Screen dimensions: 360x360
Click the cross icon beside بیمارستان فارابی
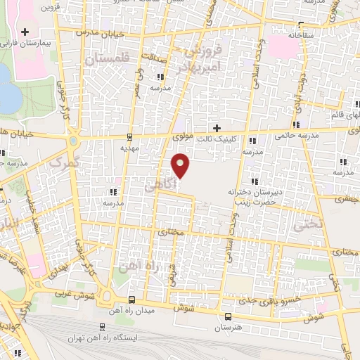pyautogui.click(x=25, y=32)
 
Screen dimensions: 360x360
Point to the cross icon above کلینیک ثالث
pyautogui.click(x=217, y=128)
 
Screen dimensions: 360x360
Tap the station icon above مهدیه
pyautogui.click(x=129, y=138)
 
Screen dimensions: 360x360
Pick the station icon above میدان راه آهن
pyautogui.click(x=131, y=300)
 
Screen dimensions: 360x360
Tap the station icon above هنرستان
pyautogui.click(x=227, y=316)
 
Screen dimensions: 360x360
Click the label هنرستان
pyautogui.click(x=227, y=328)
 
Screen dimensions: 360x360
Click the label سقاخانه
pyautogui.click(x=300, y=34)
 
